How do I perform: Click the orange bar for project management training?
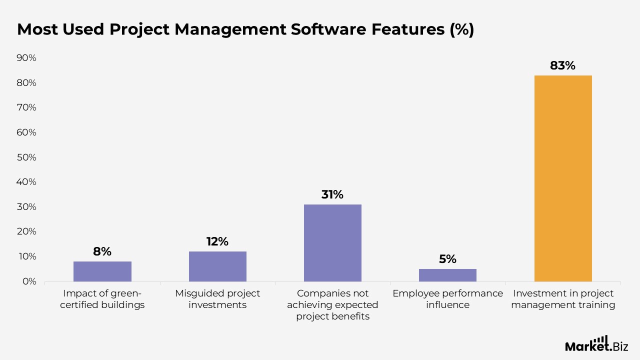(563, 178)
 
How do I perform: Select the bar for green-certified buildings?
(102, 271)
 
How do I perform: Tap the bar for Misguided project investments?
(217, 266)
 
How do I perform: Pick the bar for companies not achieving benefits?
(332, 243)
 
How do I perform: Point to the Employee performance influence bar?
(447, 275)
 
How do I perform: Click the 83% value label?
(563, 65)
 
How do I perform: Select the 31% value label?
(332, 194)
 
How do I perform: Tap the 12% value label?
(217, 241)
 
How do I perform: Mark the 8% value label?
(102, 251)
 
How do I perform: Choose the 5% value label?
(447, 259)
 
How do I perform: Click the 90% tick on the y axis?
(26, 58)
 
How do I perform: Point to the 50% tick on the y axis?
(26, 157)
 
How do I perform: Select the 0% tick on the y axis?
(29, 281)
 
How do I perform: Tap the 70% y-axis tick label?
(26, 107)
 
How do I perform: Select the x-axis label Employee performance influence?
(447, 299)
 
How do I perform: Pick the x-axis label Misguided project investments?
(217, 299)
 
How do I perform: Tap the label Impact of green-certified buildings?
(102, 299)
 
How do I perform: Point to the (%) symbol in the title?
(461, 29)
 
